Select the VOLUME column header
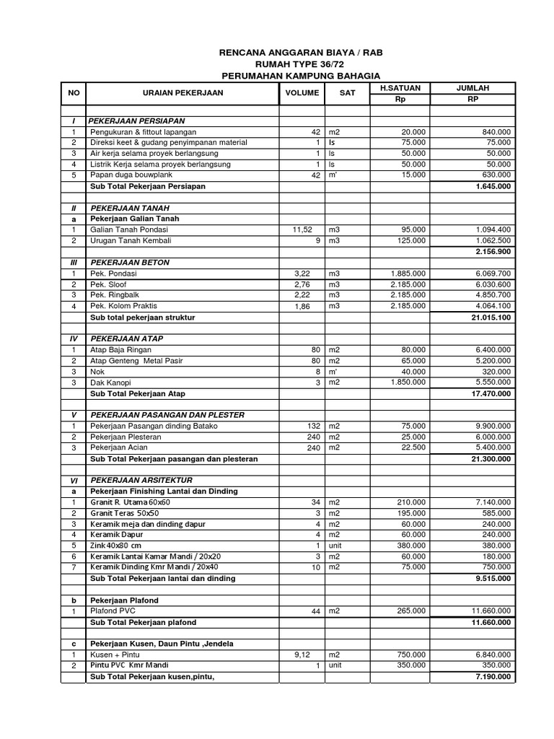point(302,93)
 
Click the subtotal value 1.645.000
point(493,186)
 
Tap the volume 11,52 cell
point(302,229)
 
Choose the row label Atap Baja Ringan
point(120,350)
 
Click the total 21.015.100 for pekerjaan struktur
point(490,318)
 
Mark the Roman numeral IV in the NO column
point(72,338)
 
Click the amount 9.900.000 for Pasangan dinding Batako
point(490,426)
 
